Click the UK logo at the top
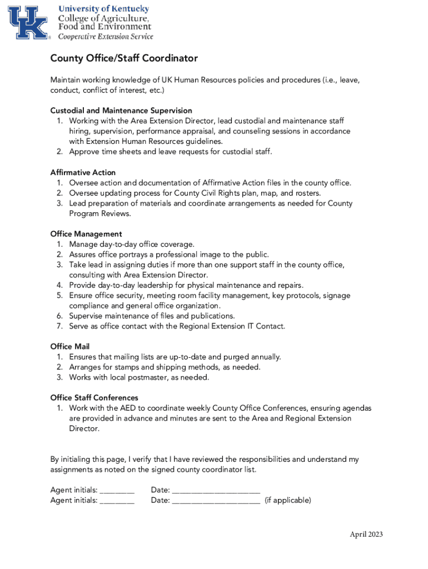point(28,22)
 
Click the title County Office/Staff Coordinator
point(124,58)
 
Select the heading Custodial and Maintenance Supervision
point(121,111)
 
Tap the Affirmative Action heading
point(83,173)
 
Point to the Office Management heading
point(86,234)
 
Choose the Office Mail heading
point(69,347)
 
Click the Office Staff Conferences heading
point(94,398)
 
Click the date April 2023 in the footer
point(366,535)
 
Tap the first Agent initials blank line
point(117,491)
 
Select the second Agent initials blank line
point(117,501)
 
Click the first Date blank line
point(216,491)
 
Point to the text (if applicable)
point(287,500)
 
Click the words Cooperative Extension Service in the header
point(106,37)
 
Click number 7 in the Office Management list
point(59,326)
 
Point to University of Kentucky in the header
point(104,9)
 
